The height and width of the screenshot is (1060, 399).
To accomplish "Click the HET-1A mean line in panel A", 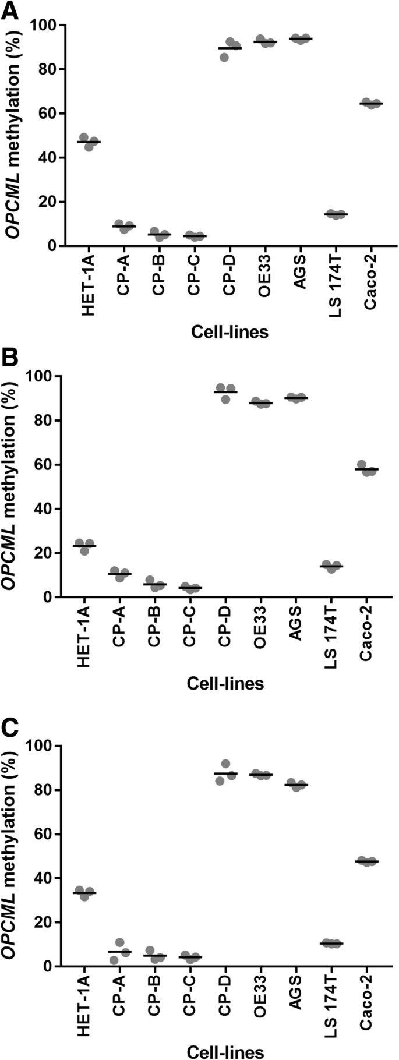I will coord(89,142).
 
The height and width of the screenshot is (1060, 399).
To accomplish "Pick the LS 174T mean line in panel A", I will coord(336,214).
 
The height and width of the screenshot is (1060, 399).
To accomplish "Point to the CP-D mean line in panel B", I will coord(225,392).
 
